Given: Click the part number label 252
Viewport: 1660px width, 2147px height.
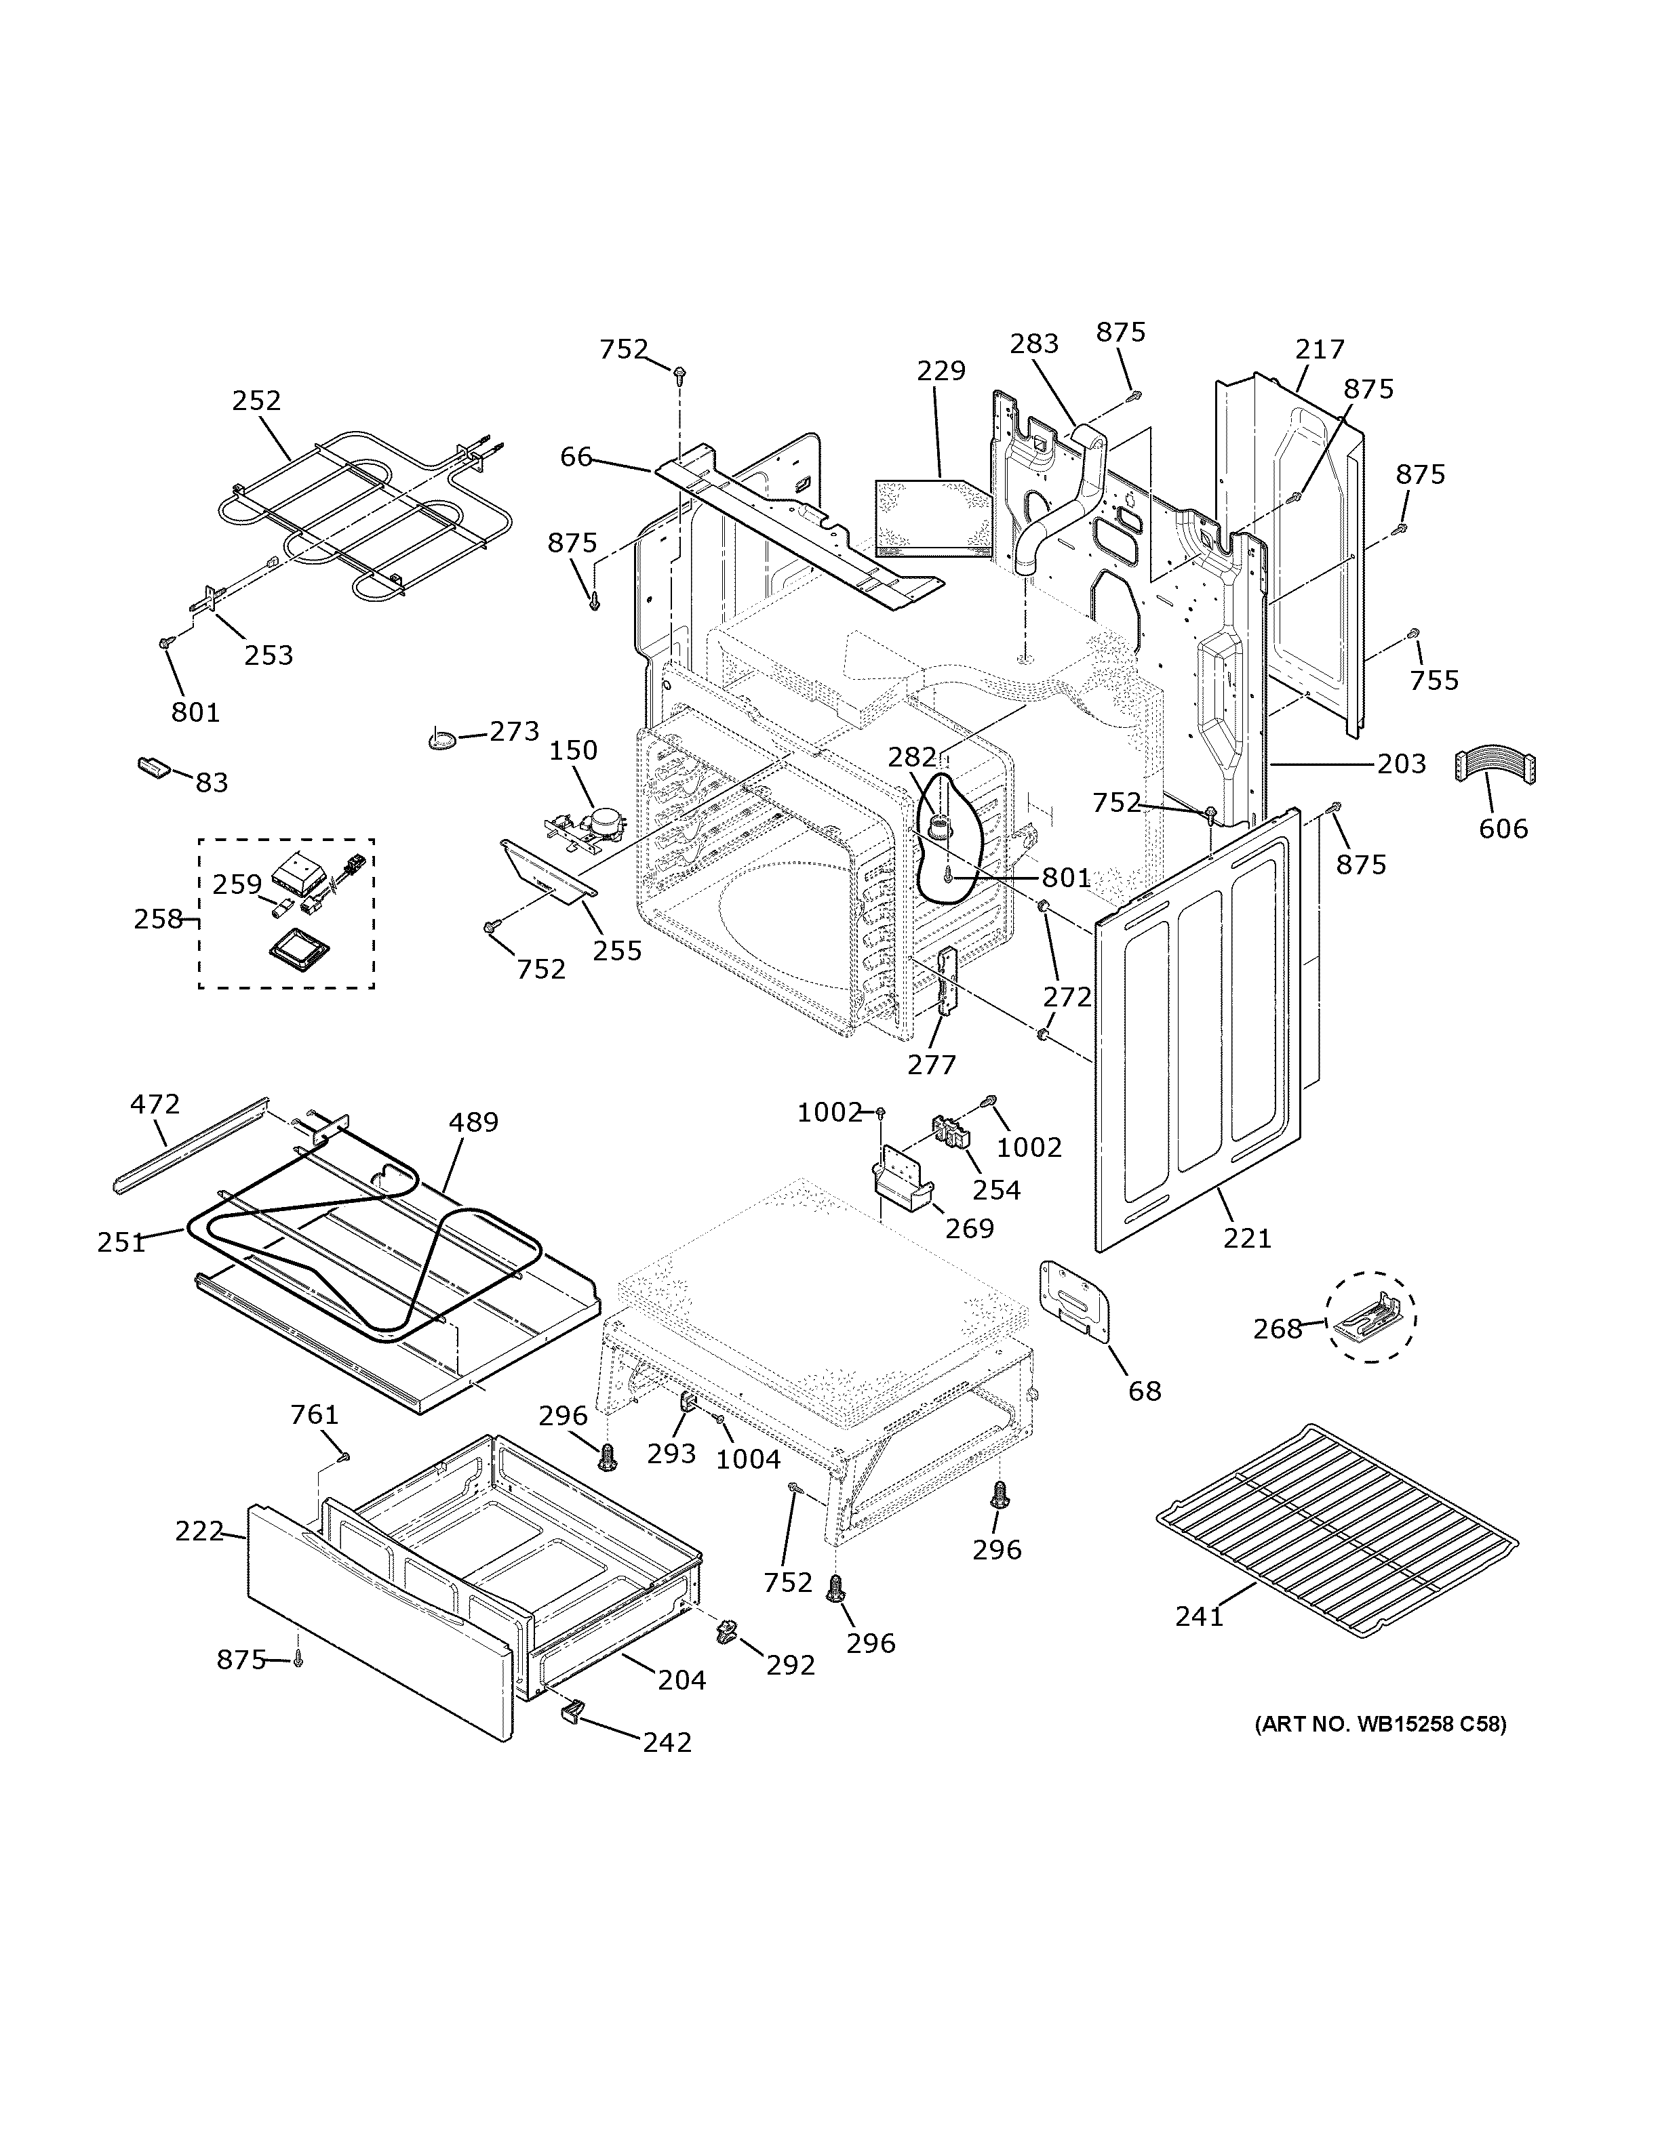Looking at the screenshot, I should point(257,401).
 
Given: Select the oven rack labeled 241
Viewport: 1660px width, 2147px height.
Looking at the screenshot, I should point(1337,1529).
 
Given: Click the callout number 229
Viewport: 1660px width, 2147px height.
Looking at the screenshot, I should point(941,371).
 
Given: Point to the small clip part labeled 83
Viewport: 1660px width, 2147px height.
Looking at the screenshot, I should point(153,766).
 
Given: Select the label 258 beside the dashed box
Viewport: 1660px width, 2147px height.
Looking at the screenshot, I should point(158,919).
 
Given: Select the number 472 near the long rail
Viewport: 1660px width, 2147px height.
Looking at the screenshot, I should point(155,1104).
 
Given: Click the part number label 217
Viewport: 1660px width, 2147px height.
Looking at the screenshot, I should point(1319,349).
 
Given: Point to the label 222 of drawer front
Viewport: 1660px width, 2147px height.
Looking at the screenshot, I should point(199,1531).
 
